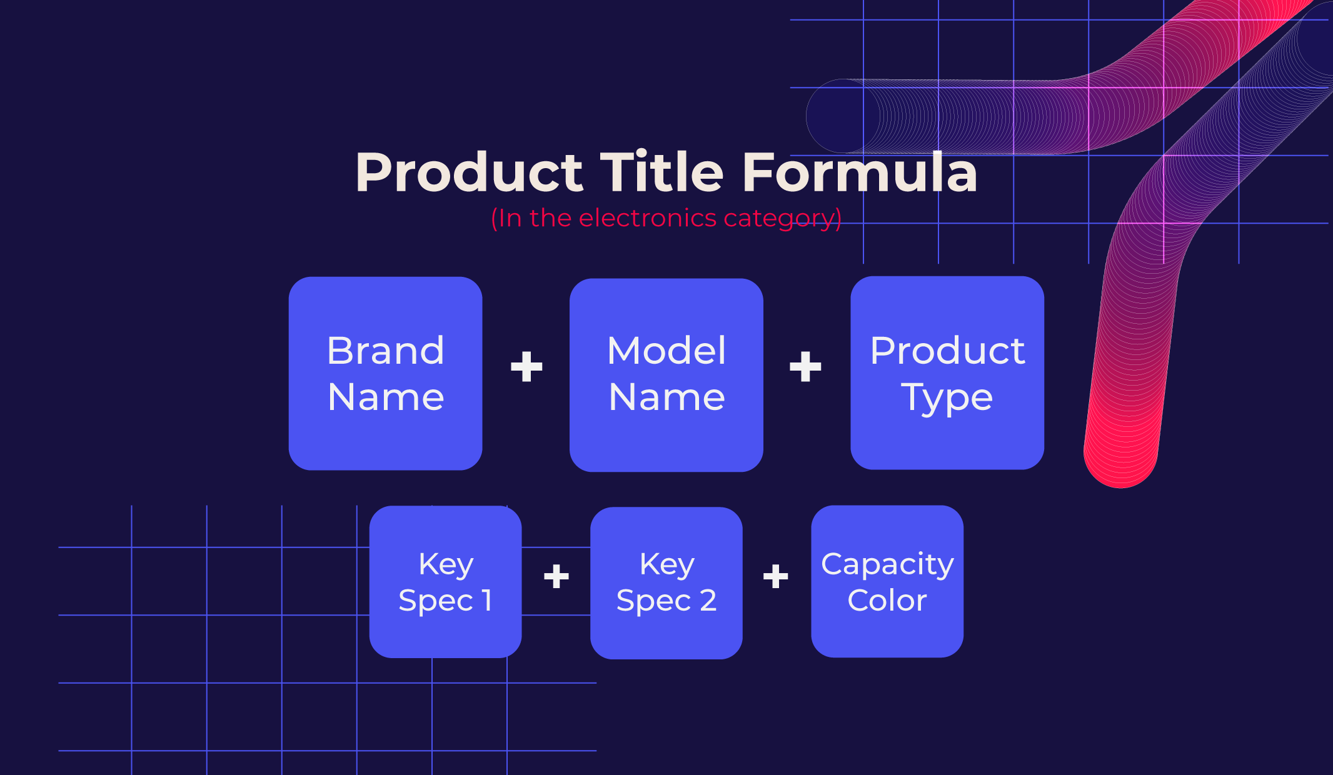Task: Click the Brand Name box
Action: click(x=385, y=373)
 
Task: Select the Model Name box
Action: click(x=666, y=374)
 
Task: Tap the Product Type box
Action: click(x=947, y=372)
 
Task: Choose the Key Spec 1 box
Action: click(x=445, y=581)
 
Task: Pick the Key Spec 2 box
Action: click(x=666, y=582)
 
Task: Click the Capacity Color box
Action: click(x=887, y=581)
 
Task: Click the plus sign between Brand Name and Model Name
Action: click(x=526, y=366)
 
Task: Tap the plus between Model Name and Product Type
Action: click(x=805, y=366)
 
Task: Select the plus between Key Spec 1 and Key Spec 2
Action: click(x=556, y=576)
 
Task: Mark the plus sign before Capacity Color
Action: click(x=775, y=576)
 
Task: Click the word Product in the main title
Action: click(x=469, y=172)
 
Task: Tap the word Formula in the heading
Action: click(x=860, y=172)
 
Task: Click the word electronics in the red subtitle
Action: click(x=647, y=218)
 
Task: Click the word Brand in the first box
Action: click(x=385, y=350)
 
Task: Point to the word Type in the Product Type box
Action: click(x=947, y=398)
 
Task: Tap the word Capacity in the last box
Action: click(x=887, y=564)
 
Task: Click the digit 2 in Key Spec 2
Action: click(x=708, y=601)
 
